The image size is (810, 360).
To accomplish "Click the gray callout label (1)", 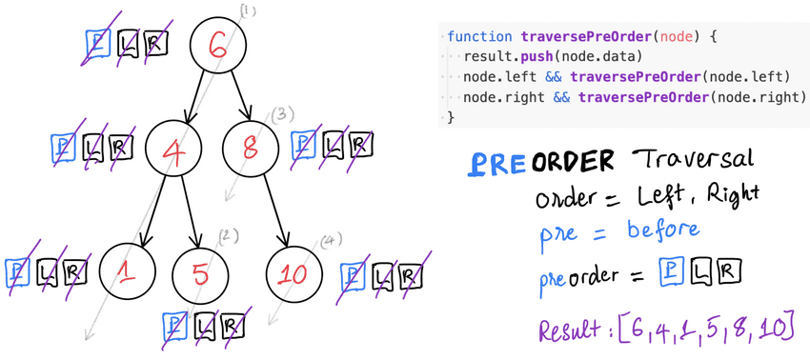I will (249, 11).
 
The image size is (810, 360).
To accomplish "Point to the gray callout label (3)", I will (280, 115).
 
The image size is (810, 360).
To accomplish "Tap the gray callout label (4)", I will (331, 239).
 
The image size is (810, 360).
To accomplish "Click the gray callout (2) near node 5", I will (227, 235).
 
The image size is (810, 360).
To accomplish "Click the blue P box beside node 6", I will (96, 43).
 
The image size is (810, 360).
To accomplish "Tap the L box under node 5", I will (204, 327).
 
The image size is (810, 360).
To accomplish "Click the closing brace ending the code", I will (451, 117).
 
